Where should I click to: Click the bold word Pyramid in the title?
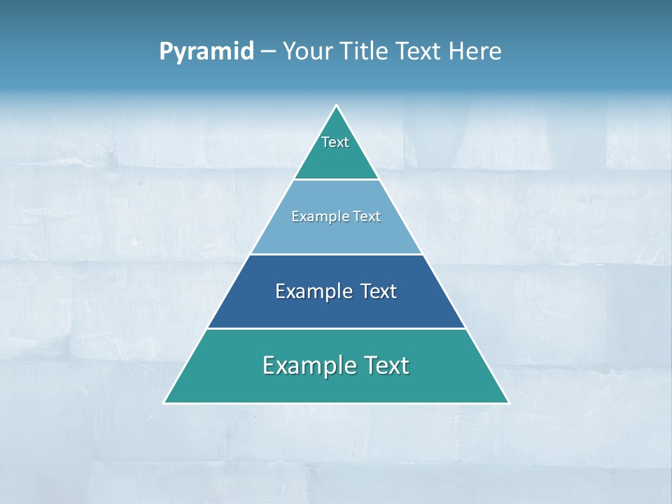coord(206,52)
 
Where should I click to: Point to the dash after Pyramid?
coord(267,52)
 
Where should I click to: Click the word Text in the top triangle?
coord(335,142)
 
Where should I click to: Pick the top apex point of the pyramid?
coord(337,106)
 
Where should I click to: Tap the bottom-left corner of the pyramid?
coord(164,402)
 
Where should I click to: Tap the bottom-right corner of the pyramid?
coord(508,402)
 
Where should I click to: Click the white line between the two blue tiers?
coord(337,254)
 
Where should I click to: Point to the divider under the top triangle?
coord(337,179)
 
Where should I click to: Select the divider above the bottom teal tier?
coord(337,328)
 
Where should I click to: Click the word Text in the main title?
coord(419,52)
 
